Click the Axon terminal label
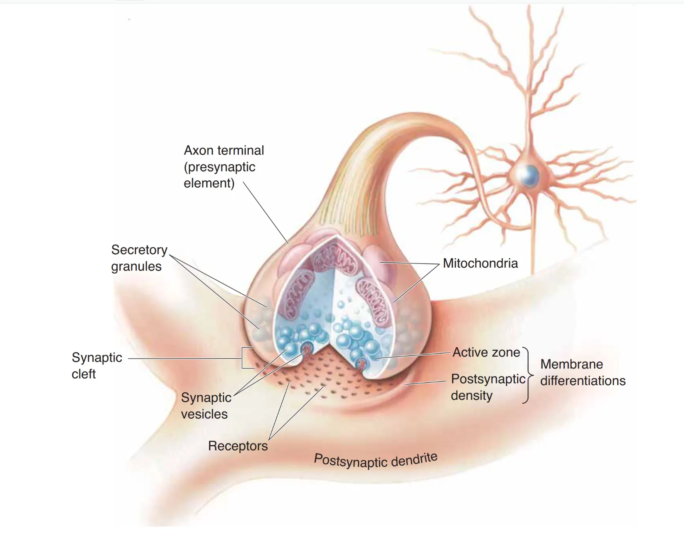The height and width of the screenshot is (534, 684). pos(223,166)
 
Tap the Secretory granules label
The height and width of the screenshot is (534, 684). pos(139,258)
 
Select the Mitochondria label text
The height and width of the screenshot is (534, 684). pos(480,264)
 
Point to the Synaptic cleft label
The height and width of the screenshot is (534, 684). pos(97,366)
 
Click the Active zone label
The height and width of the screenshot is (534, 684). pos(486,352)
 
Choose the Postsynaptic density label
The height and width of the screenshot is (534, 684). pos(488,387)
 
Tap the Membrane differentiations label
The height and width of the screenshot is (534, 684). pos(583,372)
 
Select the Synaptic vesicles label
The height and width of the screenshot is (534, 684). pos(206,406)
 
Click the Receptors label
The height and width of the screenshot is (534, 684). pos(238,446)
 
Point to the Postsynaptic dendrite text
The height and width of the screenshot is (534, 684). pos(376,461)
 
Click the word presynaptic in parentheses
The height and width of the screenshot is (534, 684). pos(221,167)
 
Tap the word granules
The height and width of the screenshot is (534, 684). pos(136,266)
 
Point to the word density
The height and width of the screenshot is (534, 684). pos(472,396)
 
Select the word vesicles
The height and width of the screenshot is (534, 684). pos(204,414)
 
